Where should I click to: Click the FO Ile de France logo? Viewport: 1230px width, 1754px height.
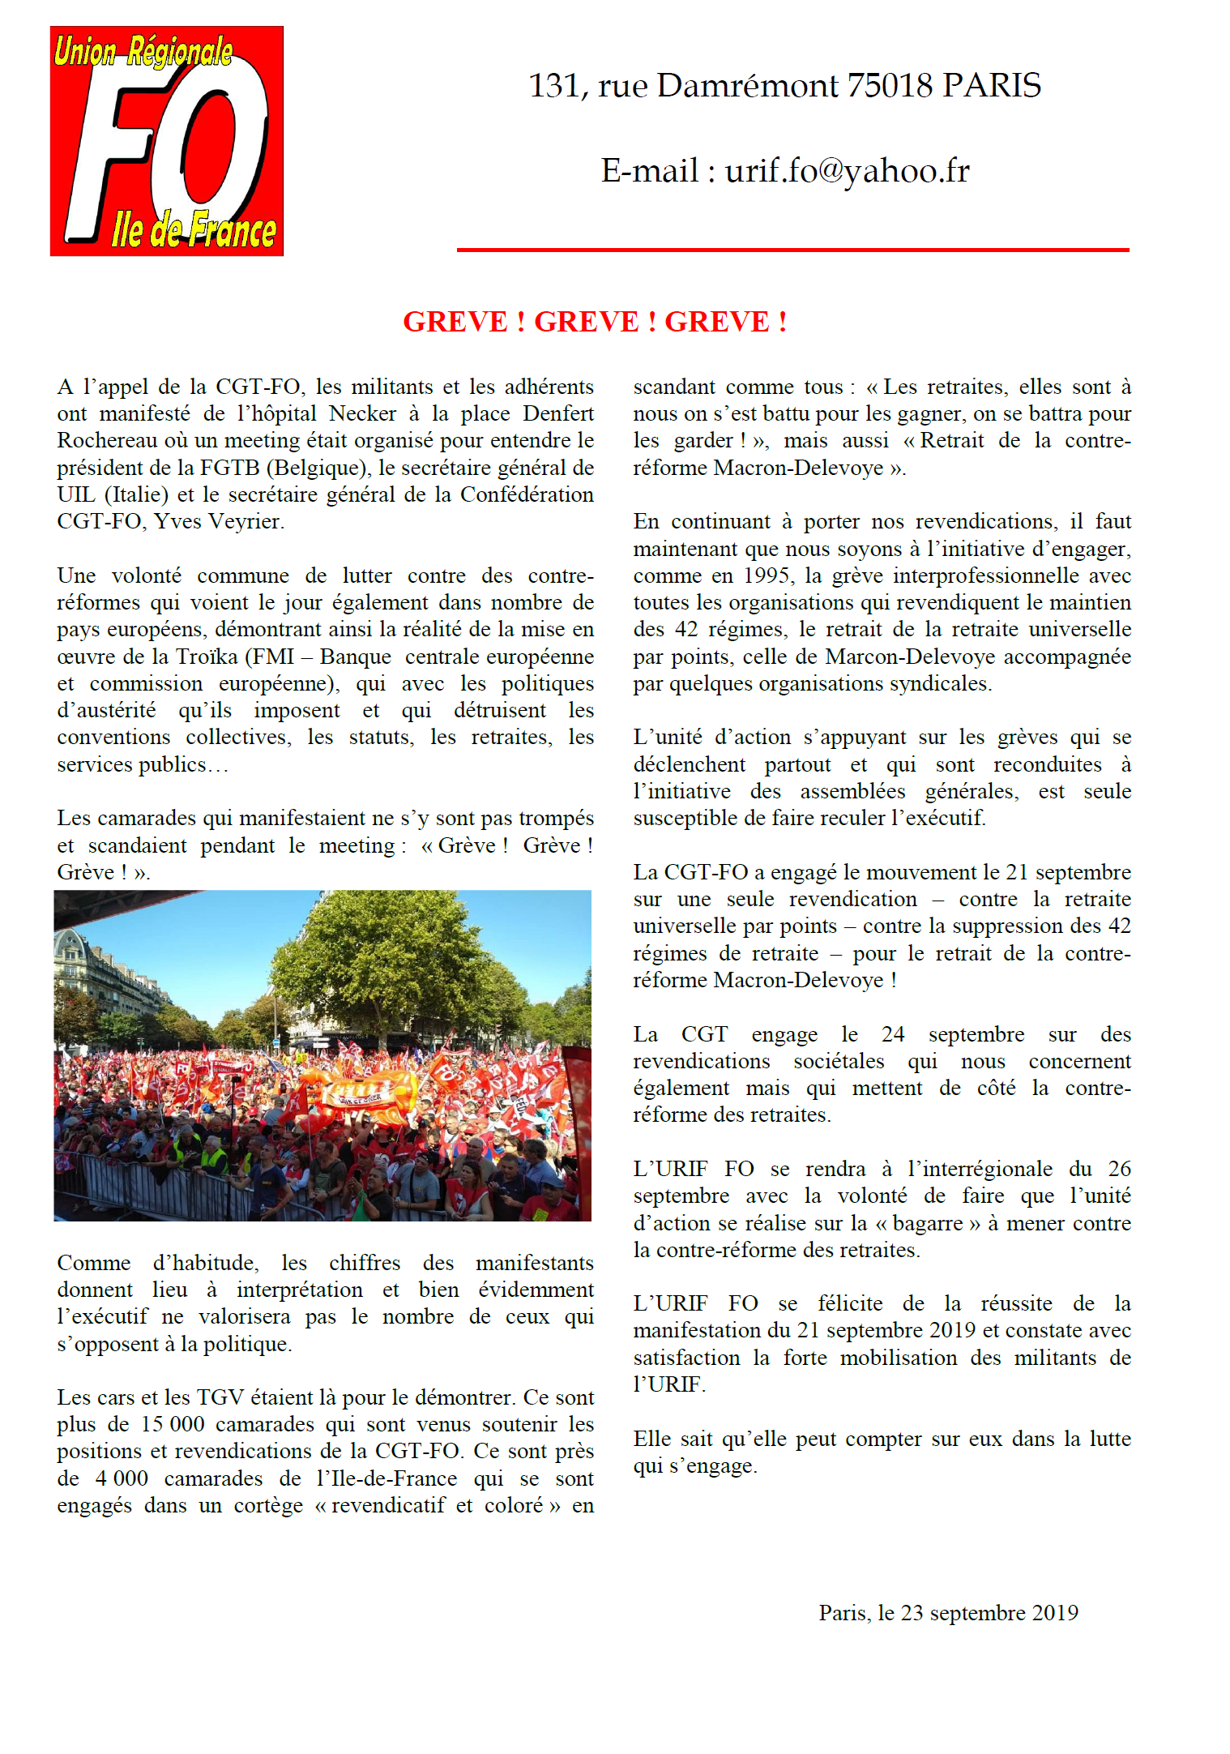coord(166,142)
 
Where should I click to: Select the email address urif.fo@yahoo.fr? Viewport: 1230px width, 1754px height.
coord(847,171)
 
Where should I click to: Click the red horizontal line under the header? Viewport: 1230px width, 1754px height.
coord(792,250)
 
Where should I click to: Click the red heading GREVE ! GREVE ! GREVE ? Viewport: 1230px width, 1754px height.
coord(595,322)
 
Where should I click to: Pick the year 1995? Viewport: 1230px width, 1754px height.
coord(764,576)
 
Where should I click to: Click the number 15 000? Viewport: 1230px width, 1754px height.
coord(172,1425)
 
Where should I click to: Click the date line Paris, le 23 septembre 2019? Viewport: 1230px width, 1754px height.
coord(948,1613)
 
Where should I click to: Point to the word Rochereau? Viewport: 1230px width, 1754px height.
coord(105,441)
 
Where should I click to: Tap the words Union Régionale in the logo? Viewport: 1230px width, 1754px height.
coord(143,52)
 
